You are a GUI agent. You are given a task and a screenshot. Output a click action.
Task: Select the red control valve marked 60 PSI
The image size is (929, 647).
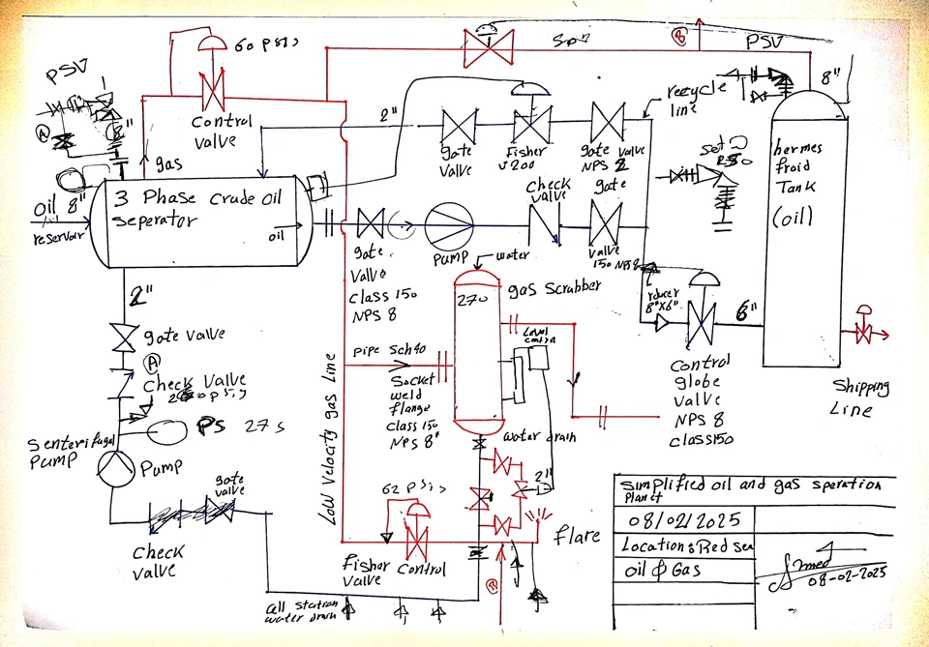coord(207,93)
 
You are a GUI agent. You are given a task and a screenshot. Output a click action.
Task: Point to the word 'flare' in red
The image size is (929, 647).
coord(578,534)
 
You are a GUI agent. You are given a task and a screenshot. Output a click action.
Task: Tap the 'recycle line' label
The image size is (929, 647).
coord(695,97)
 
